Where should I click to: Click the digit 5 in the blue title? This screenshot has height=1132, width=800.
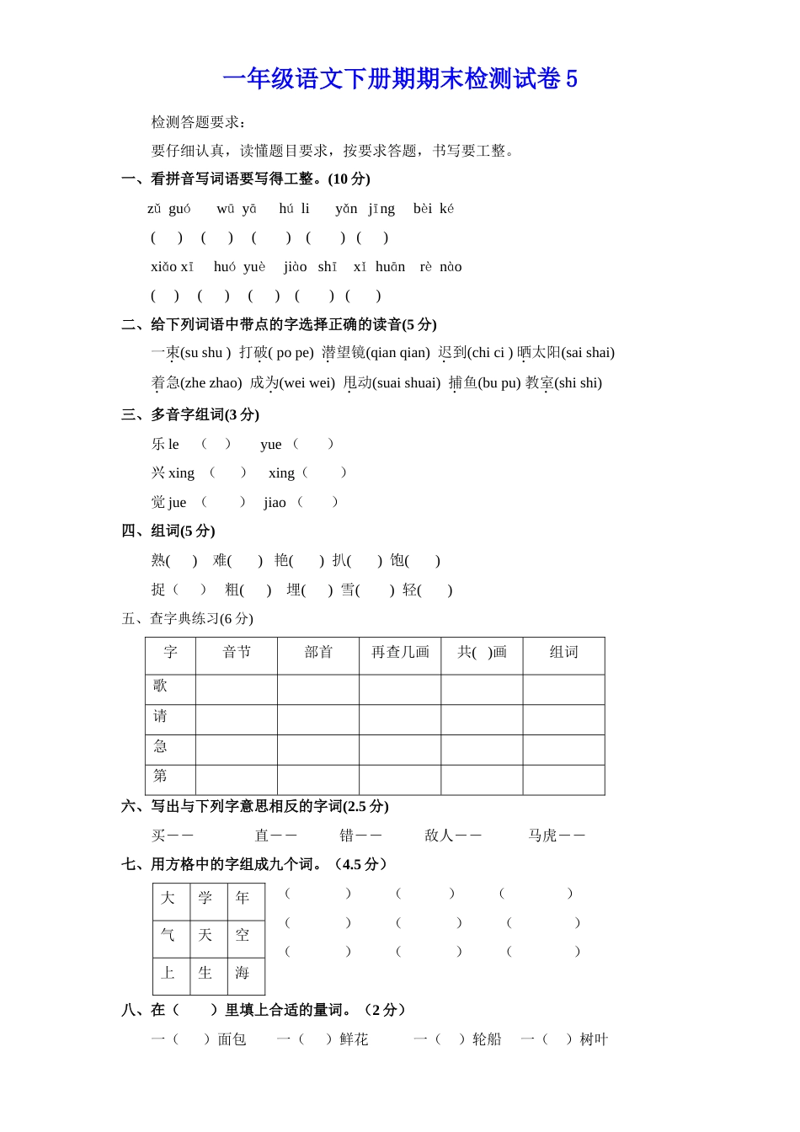pyautogui.click(x=572, y=79)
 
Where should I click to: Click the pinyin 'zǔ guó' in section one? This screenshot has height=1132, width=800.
pyautogui.click(x=168, y=209)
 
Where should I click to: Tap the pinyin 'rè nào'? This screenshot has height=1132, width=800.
pyautogui.click(x=440, y=267)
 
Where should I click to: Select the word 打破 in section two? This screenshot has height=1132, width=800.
pyautogui.click(x=253, y=353)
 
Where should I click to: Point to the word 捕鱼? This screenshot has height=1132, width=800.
pyautogui.click(x=462, y=383)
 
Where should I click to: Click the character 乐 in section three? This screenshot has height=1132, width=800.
pyautogui.click(x=158, y=445)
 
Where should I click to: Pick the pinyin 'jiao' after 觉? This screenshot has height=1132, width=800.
pyautogui.click(x=275, y=503)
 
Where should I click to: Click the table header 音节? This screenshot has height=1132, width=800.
pyautogui.click(x=237, y=653)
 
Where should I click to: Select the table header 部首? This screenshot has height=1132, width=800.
pyautogui.click(x=318, y=653)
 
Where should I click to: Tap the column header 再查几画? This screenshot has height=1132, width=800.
pyautogui.click(x=400, y=653)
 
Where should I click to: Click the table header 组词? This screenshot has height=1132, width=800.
pyautogui.click(x=563, y=653)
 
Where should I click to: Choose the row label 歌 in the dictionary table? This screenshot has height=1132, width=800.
pyautogui.click(x=160, y=686)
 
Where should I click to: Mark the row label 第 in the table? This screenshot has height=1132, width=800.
pyautogui.click(x=160, y=776)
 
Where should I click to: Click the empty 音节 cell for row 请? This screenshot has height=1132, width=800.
pyautogui.click(x=237, y=719)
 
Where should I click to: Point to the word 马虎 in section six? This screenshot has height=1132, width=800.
pyautogui.click(x=542, y=836)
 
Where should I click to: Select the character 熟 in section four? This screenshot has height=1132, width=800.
pyautogui.click(x=158, y=561)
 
